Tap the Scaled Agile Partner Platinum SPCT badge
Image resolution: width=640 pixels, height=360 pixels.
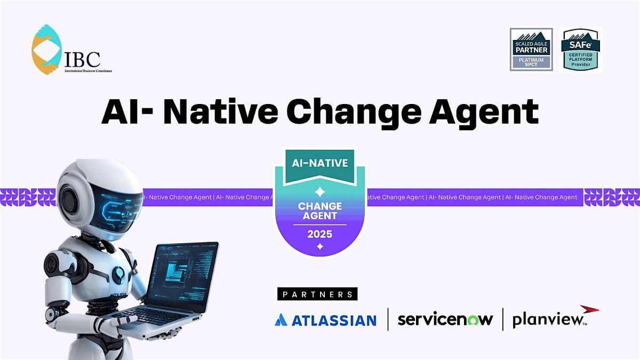click(x=532, y=49)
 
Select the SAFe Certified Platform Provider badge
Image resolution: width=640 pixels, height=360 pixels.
click(x=581, y=49)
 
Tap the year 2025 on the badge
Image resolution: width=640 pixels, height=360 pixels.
click(x=319, y=234)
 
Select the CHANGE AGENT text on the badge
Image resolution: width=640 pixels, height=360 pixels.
click(x=319, y=210)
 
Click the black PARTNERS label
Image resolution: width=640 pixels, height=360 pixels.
click(x=317, y=294)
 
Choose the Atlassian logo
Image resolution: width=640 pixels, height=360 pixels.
click(x=325, y=320)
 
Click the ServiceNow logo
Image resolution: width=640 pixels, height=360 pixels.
click(x=445, y=319)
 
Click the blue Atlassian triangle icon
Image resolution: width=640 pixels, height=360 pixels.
click(x=281, y=320)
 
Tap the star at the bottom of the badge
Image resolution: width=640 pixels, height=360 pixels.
click(x=319, y=246)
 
